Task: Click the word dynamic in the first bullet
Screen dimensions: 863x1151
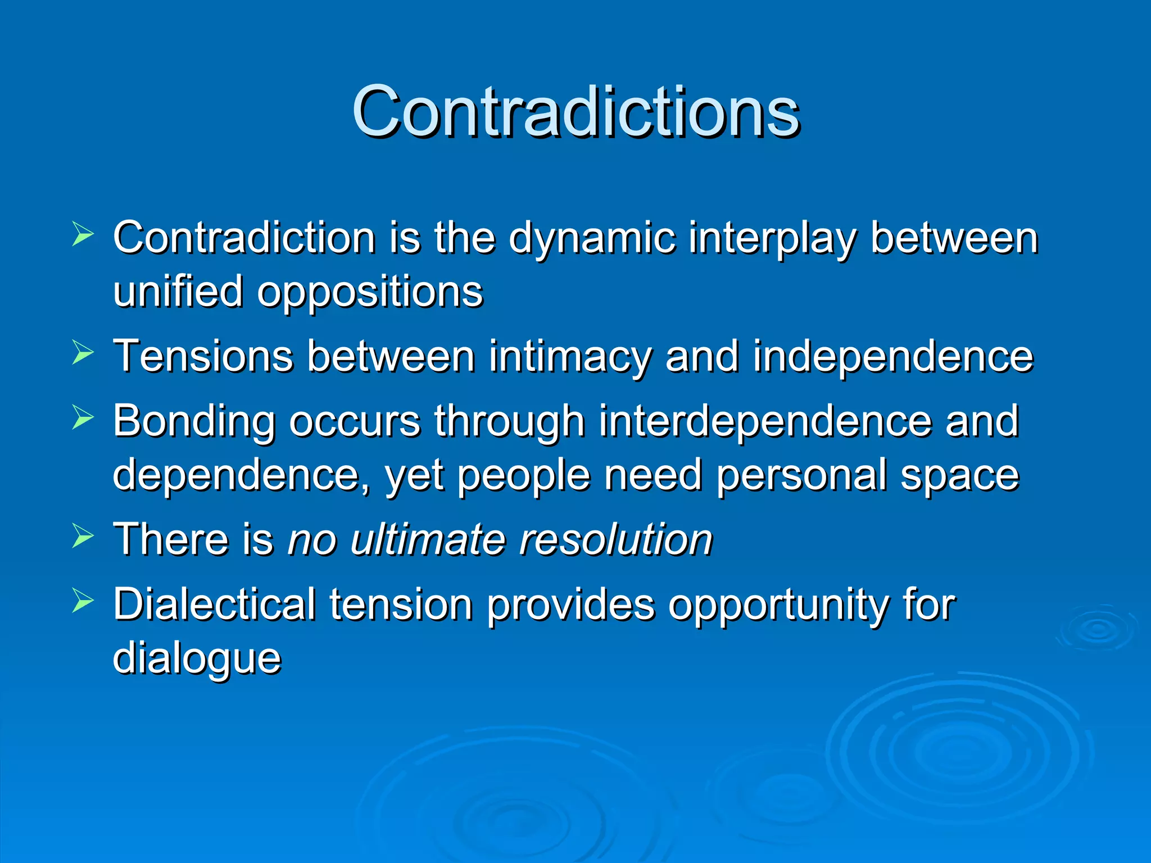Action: click(x=591, y=238)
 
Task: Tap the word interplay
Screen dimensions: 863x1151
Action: click(x=772, y=238)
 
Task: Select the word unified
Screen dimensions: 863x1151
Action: click(x=178, y=291)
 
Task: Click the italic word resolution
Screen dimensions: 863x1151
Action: click(x=615, y=539)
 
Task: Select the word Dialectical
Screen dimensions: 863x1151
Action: click(x=214, y=605)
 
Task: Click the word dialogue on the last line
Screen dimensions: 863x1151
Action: click(x=197, y=658)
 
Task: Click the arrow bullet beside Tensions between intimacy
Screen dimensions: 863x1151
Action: click(x=83, y=354)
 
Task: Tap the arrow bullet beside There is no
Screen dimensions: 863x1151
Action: click(x=83, y=537)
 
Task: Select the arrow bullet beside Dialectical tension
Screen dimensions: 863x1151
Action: click(x=83, y=602)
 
